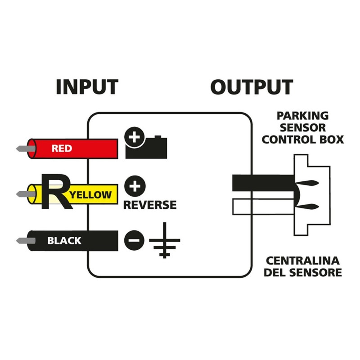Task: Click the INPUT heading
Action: (87, 87)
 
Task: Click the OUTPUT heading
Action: (252, 87)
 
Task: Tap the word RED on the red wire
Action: (62, 148)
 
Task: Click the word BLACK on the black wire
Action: (64, 241)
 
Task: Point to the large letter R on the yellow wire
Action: (54, 192)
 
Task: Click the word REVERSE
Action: (150, 206)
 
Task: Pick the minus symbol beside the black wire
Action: (133, 241)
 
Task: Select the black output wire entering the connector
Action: (261, 183)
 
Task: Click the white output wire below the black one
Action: (261, 207)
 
